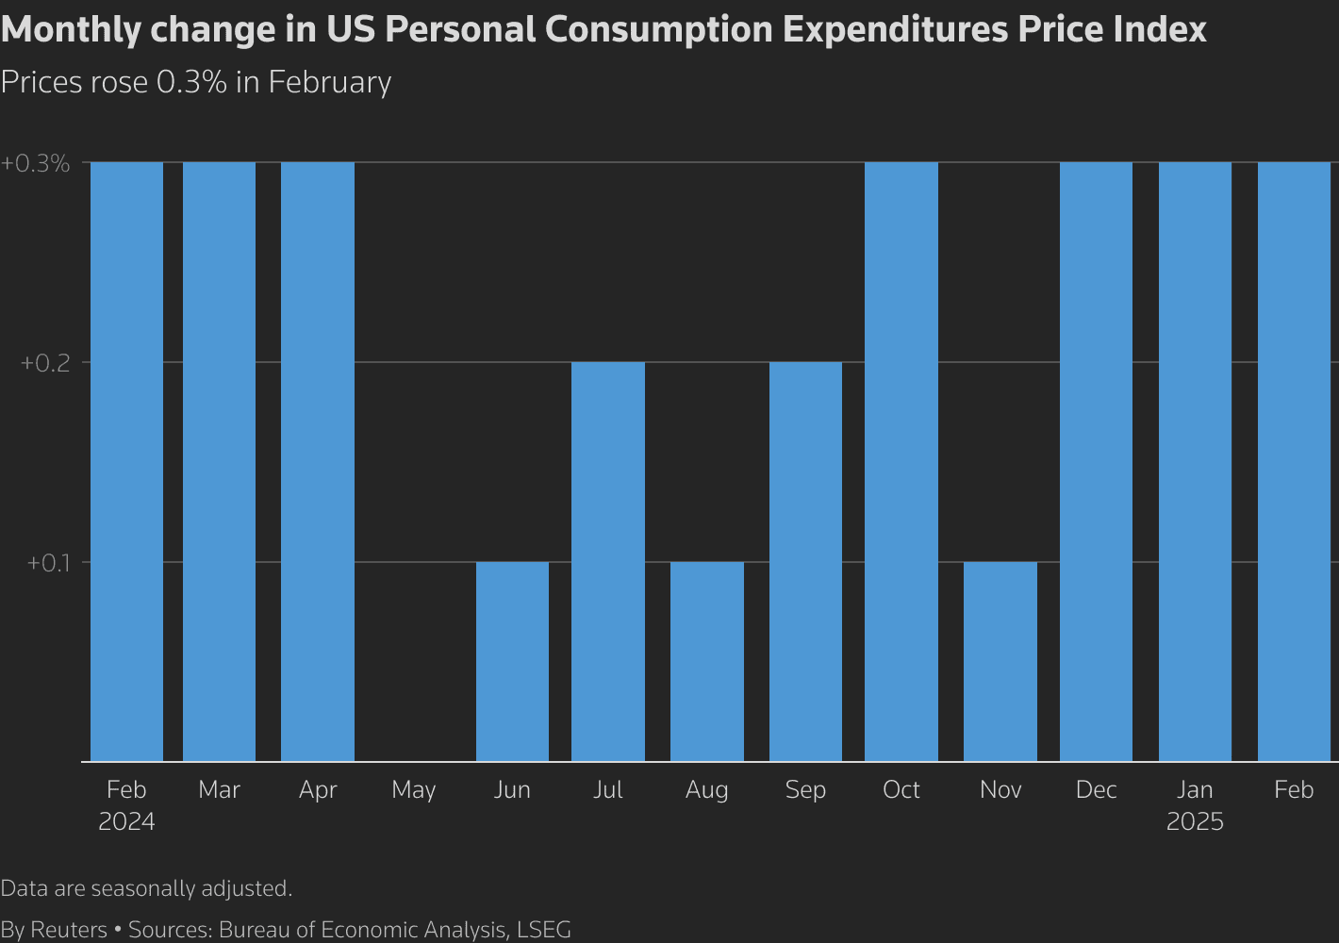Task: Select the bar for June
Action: coord(512,661)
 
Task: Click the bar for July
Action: coord(608,561)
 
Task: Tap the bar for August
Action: coord(707,661)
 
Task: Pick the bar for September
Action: coord(805,561)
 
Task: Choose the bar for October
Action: coord(901,461)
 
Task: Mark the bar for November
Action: coord(1000,661)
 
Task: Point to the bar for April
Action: coord(318,461)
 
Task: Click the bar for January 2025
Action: coord(1195,461)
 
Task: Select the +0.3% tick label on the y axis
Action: coord(36,163)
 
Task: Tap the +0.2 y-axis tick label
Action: coord(45,363)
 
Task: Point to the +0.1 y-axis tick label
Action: coord(49,563)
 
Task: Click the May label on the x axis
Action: coord(414,790)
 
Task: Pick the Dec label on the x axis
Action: coord(1096,789)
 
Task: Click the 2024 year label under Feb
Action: coord(126,821)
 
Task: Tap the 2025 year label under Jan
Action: coord(1195,821)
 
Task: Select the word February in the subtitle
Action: coord(329,82)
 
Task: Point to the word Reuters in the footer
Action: coord(69,929)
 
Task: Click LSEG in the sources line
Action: coord(543,929)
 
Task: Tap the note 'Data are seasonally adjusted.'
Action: coord(146,888)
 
